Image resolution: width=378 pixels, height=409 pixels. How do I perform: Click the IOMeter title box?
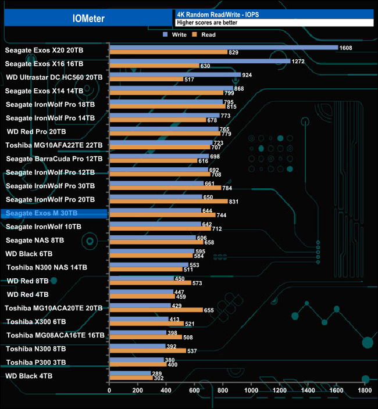click(x=86, y=18)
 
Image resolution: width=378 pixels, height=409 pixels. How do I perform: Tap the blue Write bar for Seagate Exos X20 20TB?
click(x=223, y=48)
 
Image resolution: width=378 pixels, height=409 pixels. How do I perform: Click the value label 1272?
click(x=299, y=61)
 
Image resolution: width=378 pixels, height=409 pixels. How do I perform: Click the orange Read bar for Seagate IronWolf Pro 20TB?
click(x=168, y=201)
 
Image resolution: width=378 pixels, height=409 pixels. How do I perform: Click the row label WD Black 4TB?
click(x=28, y=376)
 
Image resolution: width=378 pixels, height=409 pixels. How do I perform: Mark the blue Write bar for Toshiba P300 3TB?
click(x=136, y=360)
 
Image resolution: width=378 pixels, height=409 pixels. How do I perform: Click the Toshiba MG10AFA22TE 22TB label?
click(x=54, y=145)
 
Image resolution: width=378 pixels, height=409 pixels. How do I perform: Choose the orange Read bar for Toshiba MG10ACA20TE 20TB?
click(x=156, y=310)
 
